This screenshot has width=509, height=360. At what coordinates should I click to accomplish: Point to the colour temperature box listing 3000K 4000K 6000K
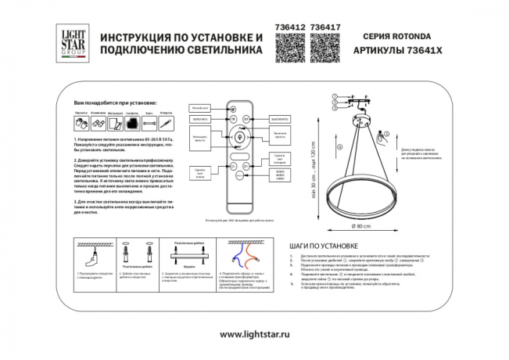280,177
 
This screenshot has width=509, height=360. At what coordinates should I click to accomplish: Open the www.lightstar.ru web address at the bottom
254,334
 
